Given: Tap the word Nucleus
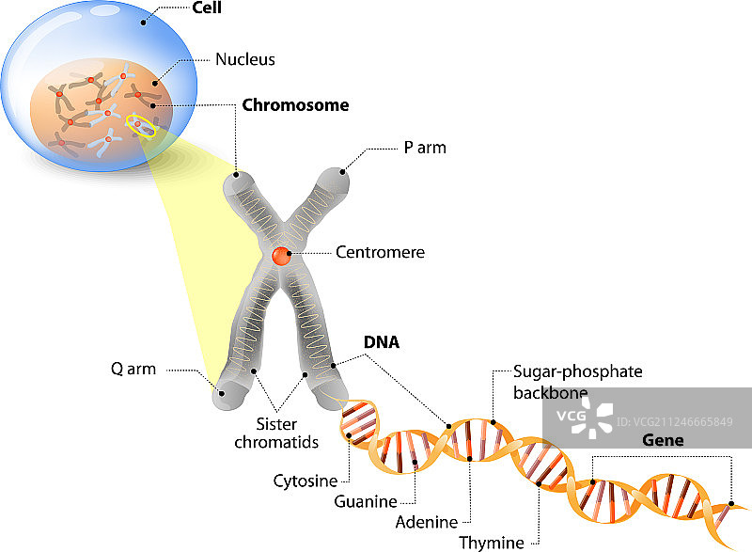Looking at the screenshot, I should point(244,59).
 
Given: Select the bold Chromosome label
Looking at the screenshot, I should point(295,105).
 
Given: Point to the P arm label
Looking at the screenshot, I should point(424,148).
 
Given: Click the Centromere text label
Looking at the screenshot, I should point(380,252).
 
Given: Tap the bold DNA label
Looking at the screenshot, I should point(383,343).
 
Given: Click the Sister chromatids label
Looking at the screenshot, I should point(288,433).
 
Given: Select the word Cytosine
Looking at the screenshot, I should point(305,481).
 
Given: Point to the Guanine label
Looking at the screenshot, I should point(366,500).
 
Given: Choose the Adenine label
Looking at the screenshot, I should point(427,522).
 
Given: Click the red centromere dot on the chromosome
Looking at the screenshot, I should point(282,256).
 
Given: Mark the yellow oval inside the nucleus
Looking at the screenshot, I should point(143,127).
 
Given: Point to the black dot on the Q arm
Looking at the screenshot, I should point(223,393).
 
